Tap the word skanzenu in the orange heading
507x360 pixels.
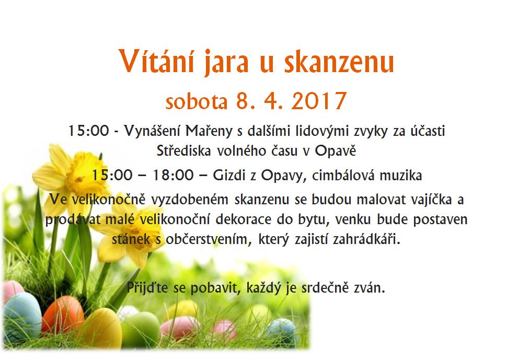(339, 62)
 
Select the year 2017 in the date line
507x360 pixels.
(319, 101)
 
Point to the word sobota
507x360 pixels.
(197, 101)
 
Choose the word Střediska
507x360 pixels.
(184, 150)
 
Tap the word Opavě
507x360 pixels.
(336, 150)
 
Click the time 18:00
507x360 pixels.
(173, 176)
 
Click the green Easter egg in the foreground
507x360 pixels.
(140, 330)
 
